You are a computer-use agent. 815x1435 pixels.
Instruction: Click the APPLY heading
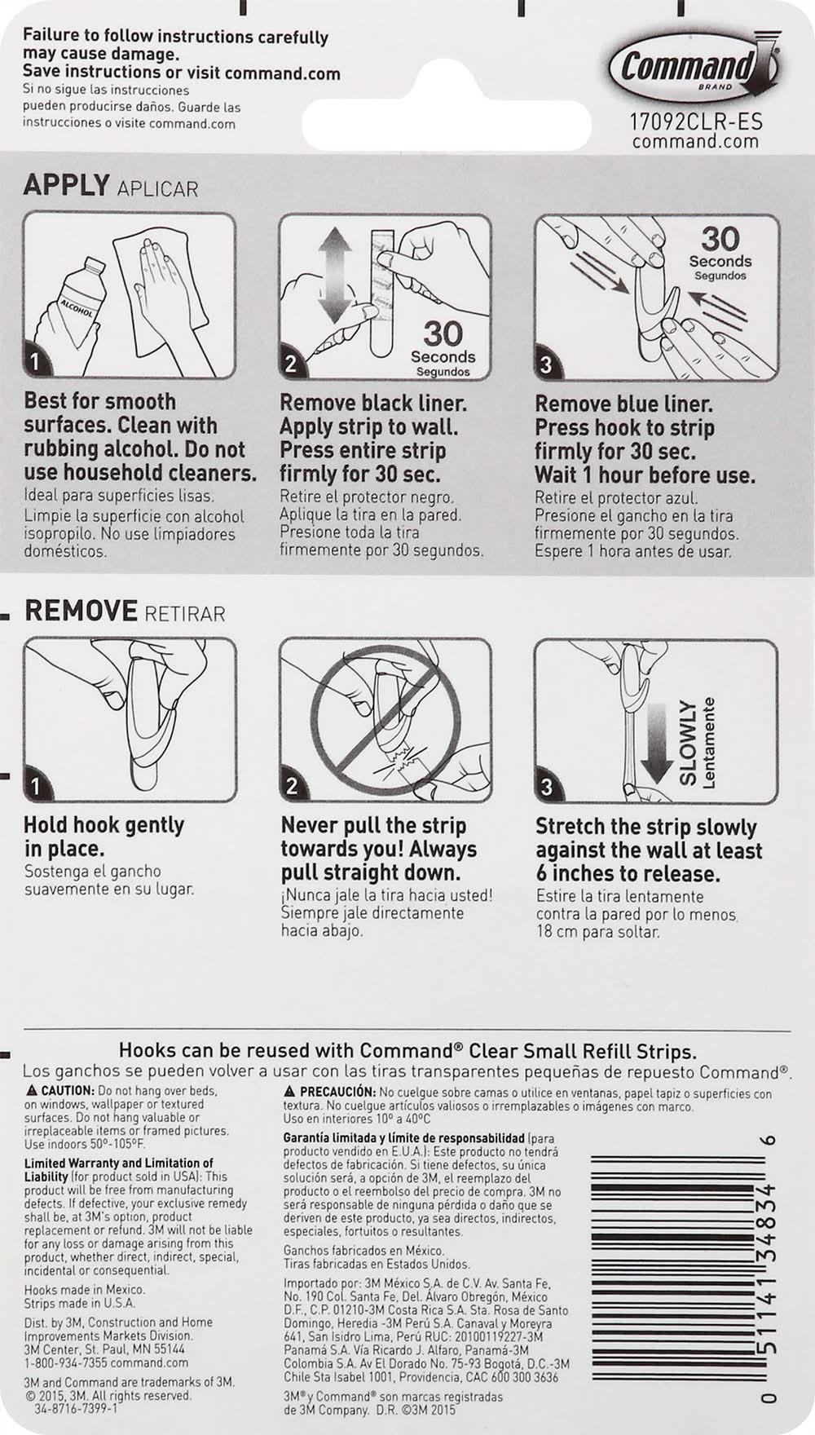click(x=66, y=185)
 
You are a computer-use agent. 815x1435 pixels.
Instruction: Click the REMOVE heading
click(x=81, y=611)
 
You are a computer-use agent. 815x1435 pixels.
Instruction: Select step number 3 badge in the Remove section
click(x=548, y=788)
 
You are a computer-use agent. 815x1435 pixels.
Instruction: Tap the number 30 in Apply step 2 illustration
click(x=443, y=333)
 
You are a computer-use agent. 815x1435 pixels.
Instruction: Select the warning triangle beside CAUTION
click(x=32, y=1091)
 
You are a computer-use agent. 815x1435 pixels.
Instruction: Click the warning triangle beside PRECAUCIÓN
click(x=289, y=1092)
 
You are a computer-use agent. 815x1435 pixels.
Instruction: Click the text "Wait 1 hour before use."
click(x=645, y=475)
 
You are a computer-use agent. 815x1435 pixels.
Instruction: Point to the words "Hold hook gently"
click(x=104, y=825)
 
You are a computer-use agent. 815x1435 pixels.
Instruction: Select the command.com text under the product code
click(x=695, y=141)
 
